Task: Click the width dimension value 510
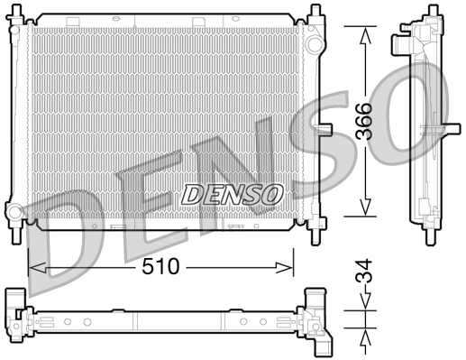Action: [163, 267]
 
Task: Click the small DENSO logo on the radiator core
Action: [233, 193]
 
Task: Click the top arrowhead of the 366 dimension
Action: [364, 33]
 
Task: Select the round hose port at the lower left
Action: [15, 214]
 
